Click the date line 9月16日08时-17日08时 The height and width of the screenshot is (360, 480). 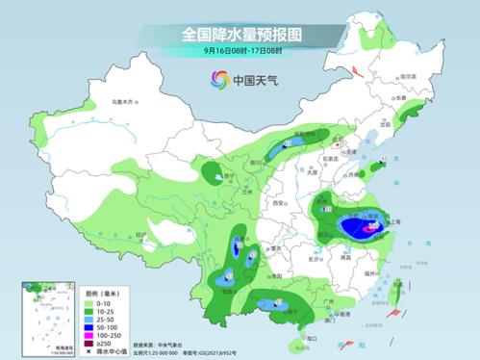240,51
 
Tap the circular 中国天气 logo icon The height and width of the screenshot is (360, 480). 214,81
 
